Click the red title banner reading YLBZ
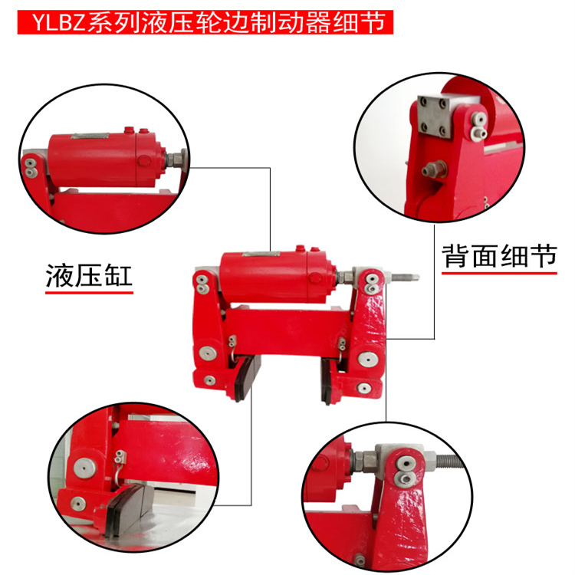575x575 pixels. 205,22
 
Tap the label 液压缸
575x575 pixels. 89,275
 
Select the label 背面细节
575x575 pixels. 499,256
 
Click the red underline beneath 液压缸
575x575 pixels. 89,293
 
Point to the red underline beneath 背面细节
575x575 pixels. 499,273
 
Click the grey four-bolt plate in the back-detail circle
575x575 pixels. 435,115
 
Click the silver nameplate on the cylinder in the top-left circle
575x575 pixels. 90,136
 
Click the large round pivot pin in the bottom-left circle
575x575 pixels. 85,468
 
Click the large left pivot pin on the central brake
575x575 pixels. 207,354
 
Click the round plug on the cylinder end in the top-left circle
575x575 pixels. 144,161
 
